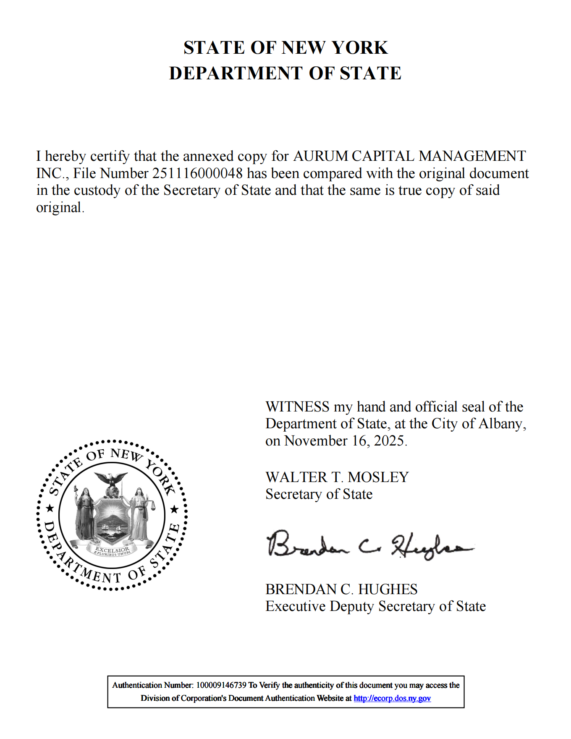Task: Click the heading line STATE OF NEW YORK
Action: click(x=285, y=48)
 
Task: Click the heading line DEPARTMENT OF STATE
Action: click(x=285, y=73)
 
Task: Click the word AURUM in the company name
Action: click(x=320, y=156)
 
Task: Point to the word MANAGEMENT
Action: click(x=472, y=156)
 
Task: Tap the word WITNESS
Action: click(x=297, y=407)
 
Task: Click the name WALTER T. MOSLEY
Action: click(x=337, y=477)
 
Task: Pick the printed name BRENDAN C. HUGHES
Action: click(x=341, y=590)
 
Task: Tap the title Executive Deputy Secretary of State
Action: click(x=375, y=607)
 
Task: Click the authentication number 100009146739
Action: click(x=221, y=685)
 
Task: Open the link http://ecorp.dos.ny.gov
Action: click(x=392, y=698)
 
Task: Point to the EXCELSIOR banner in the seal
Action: click(x=112, y=550)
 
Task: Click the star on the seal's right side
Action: click(x=174, y=510)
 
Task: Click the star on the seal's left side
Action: click(x=50, y=509)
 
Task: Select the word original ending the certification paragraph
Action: click(x=58, y=208)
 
